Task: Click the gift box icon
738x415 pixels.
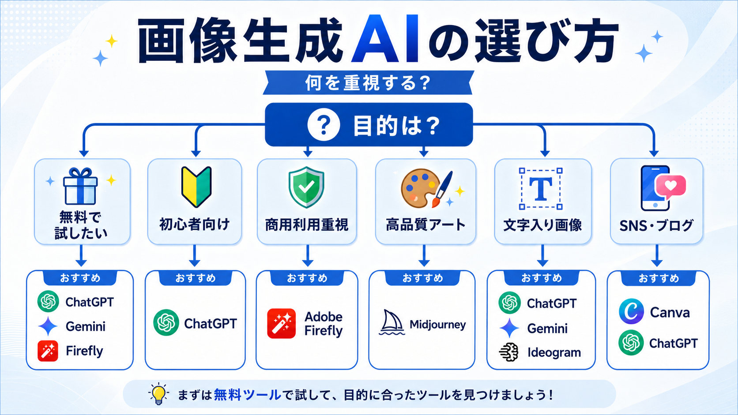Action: (x=80, y=186)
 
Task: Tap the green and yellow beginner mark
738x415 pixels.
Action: (x=196, y=187)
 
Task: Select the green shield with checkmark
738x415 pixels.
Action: (x=306, y=187)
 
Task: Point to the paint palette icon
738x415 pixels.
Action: (x=420, y=189)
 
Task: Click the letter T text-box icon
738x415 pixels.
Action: (x=541, y=189)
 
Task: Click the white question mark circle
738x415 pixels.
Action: (x=324, y=125)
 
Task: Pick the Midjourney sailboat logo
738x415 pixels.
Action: (x=392, y=322)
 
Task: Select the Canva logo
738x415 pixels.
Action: (x=631, y=311)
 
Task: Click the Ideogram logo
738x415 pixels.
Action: (x=509, y=352)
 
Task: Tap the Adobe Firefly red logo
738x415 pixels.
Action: (x=281, y=324)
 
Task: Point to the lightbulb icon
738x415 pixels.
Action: (x=158, y=394)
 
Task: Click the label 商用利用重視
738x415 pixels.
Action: (x=307, y=225)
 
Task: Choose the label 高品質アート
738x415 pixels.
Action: (x=425, y=225)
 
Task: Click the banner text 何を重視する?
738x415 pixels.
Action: (x=368, y=83)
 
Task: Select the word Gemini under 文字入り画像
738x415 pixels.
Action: (x=547, y=328)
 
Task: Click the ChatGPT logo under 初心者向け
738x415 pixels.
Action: (x=166, y=322)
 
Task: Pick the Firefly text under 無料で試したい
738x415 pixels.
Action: (x=84, y=351)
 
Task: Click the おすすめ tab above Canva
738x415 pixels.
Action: (x=658, y=278)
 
